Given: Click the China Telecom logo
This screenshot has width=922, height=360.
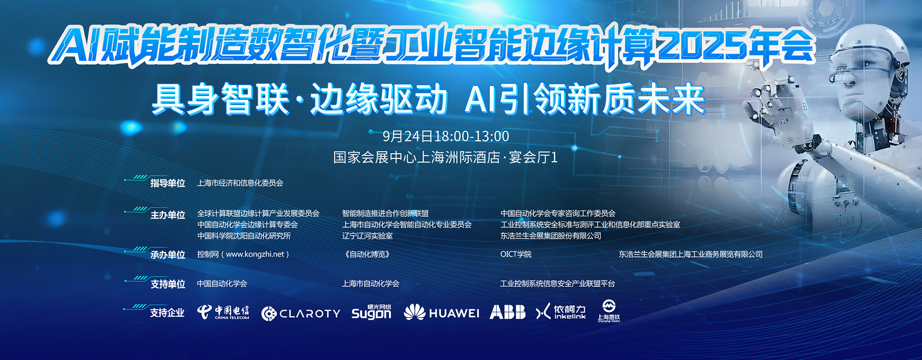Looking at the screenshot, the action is [x=223, y=312].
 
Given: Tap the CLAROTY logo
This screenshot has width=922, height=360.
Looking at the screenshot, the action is [x=301, y=313].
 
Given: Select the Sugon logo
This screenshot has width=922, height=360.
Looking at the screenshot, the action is [x=371, y=312].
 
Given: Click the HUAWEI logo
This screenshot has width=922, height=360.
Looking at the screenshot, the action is [x=441, y=313].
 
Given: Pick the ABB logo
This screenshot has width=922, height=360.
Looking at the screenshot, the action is [x=508, y=312].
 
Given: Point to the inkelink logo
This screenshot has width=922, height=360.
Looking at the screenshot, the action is [x=561, y=312].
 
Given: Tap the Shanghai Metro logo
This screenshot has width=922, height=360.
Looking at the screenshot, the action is [x=608, y=311].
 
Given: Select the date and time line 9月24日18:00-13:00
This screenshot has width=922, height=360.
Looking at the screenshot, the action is [x=446, y=136].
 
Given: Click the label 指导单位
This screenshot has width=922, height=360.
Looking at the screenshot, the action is [x=168, y=183].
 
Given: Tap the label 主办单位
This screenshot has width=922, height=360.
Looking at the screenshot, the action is [x=168, y=215].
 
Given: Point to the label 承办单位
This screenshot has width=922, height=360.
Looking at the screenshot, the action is [x=168, y=255].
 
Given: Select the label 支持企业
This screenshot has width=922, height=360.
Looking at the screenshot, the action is [x=167, y=313].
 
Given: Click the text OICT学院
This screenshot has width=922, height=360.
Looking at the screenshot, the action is [x=516, y=254].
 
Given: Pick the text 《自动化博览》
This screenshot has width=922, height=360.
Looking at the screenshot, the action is [x=367, y=254].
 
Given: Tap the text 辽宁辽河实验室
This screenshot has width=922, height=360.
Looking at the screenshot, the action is [x=367, y=236].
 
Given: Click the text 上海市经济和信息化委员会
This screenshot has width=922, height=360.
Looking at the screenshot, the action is [x=240, y=183].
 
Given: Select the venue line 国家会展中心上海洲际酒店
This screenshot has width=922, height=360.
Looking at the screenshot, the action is [x=417, y=157].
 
